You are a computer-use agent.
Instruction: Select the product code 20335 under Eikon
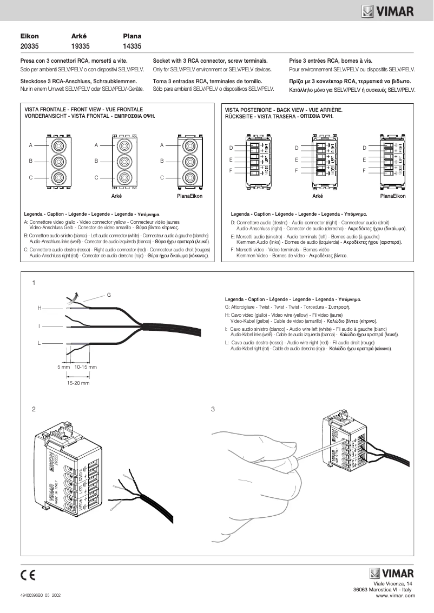pos(29,46)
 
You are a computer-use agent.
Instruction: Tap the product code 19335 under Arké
pos(81,46)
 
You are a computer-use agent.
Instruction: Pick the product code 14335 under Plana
pos(132,46)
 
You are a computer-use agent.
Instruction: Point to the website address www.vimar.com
pos(395,595)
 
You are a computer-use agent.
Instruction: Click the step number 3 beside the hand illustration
pos(213,409)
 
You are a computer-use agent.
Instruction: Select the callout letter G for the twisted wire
pos(109,295)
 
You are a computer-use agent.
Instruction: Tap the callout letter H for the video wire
pos(40,308)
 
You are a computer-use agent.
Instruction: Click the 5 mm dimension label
pos(64,367)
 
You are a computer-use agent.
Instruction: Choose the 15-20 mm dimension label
pos(78,382)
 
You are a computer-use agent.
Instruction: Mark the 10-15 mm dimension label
pos(86,367)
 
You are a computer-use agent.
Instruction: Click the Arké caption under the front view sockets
pos(116,196)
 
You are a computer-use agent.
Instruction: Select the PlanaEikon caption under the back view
pos(392,196)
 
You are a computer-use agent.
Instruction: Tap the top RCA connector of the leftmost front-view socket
pos(58,145)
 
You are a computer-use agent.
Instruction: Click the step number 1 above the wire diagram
pos(34,283)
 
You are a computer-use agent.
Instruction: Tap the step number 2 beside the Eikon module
pos(34,409)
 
